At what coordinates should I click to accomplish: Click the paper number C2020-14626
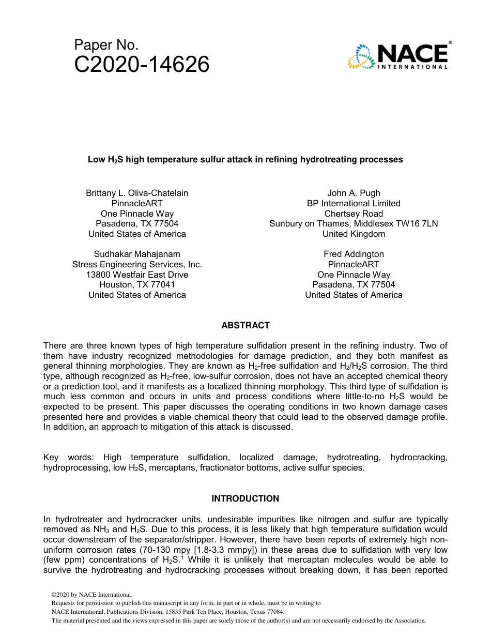click(142, 65)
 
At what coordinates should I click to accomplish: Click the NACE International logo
click(398, 55)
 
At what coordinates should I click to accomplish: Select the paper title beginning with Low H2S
click(245, 160)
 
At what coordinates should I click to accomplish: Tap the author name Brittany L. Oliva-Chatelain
click(137, 193)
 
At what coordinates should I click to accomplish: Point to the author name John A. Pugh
click(354, 193)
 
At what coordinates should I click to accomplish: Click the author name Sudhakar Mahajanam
click(137, 254)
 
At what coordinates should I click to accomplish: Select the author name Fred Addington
click(354, 254)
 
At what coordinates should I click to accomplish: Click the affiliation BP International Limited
click(354, 203)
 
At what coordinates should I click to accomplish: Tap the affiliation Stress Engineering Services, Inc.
click(137, 264)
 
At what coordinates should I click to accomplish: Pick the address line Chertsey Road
click(354, 214)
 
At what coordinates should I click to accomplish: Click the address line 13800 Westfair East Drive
click(137, 275)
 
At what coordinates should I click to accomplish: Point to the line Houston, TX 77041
click(137, 284)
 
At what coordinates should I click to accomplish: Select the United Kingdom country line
click(354, 234)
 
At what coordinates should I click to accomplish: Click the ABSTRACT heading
click(245, 325)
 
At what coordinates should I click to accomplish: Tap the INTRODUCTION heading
click(245, 498)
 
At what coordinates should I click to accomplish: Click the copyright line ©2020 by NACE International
click(92, 595)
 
